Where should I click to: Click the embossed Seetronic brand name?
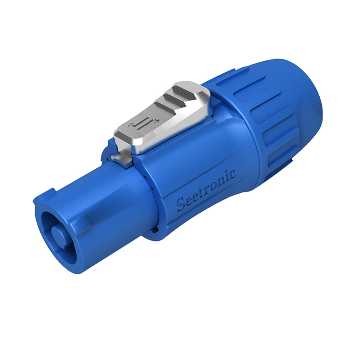click(206, 190)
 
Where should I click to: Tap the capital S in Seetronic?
click(181, 204)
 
